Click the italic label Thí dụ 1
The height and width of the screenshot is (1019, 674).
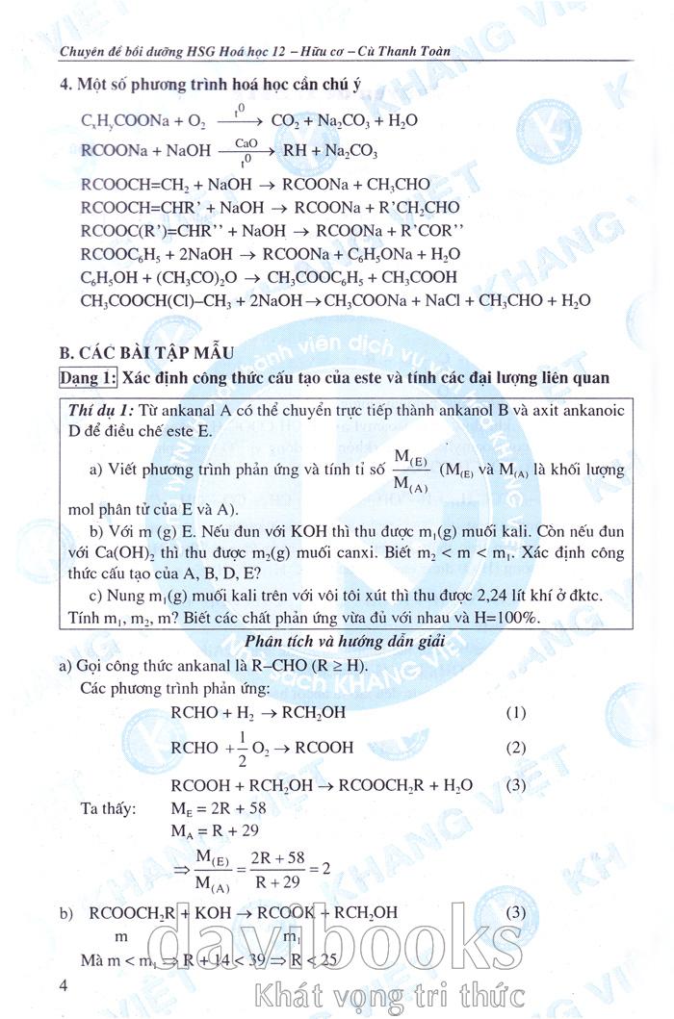102,410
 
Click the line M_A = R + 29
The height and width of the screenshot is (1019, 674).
208,829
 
